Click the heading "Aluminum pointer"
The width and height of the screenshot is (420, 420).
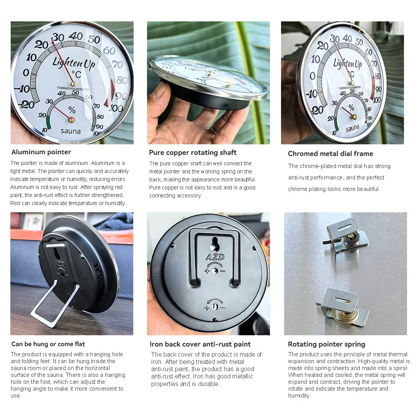click(x=41, y=152)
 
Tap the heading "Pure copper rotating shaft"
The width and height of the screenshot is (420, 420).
click(x=193, y=153)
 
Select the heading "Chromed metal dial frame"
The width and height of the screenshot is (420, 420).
click(x=330, y=154)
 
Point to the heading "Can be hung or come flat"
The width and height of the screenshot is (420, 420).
click(x=48, y=344)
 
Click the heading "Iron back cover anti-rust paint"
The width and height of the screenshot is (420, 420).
click(x=200, y=344)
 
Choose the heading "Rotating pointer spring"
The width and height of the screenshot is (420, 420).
click(x=326, y=344)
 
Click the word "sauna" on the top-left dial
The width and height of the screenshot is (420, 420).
click(x=71, y=131)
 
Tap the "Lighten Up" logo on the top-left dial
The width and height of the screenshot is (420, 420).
click(x=74, y=63)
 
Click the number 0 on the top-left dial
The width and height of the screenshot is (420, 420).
click(x=26, y=73)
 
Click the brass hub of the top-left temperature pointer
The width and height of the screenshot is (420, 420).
click(x=73, y=84)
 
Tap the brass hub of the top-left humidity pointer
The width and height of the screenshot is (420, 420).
click(x=71, y=120)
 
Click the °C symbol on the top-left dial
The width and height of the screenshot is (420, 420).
click(x=76, y=74)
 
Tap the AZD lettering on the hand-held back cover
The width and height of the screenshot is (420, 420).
click(x=215, y=257)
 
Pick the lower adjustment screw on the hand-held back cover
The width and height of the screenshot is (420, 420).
click(x=215, y=307)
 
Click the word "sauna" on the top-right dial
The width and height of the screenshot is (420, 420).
click(x=352, y=128)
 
